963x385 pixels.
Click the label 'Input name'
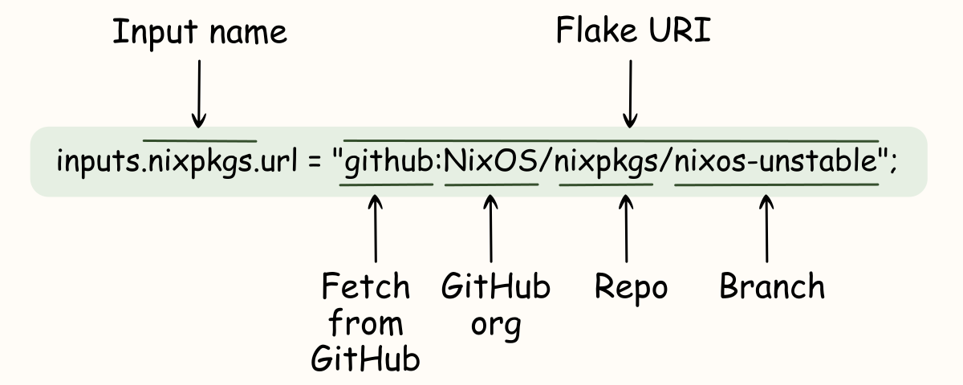tap(199, 32)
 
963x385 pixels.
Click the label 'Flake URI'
tap(633, 32)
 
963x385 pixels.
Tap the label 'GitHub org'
tap(496, 306)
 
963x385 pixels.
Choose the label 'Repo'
tap(631, 287)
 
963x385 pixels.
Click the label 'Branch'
tap(771, 287)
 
